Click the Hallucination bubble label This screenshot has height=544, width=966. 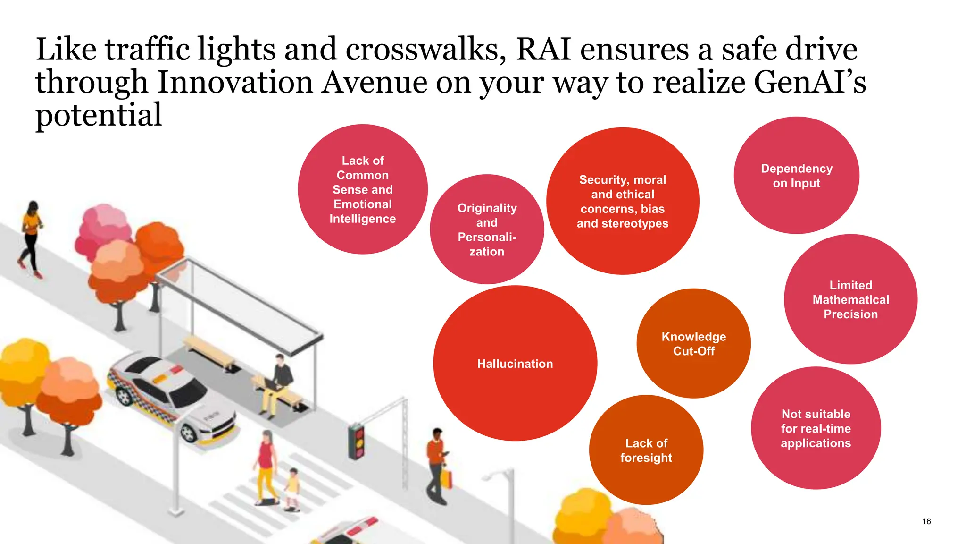(x=515, y=364)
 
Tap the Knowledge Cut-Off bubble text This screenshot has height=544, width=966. (x=693, y=344)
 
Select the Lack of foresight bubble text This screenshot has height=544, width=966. (x=646, y=450)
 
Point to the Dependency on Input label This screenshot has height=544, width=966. (x=797, y=176)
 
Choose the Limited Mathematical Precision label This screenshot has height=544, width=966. (x=850, y=300)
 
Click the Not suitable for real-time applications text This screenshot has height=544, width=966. (x=816, y=429)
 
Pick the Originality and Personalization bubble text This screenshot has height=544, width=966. (x=487, y=230)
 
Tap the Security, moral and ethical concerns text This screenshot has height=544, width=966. (x=623, y=202)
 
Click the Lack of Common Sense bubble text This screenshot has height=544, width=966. (x=363, y=190)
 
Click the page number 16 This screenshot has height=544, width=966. (x=926, y=521)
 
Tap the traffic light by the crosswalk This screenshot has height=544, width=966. (x=357, y=441)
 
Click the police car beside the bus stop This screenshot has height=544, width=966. (x=170, y=397)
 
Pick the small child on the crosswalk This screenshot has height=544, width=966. (x=292, y=489)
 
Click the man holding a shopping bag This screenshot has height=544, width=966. (x=437, y=465)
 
